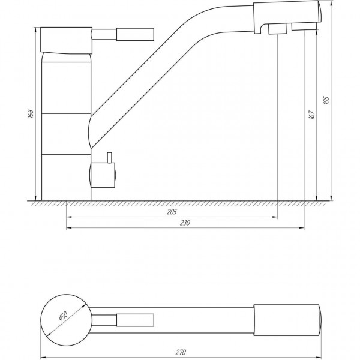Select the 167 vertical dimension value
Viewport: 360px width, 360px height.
tap(311, 115)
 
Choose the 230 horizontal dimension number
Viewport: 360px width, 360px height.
tap(185, 223)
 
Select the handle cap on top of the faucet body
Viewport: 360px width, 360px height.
tap(66, 39)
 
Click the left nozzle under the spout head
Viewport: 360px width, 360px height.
tap(277, 29)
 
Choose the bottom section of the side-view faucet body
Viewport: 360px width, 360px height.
tap(66, 177)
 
